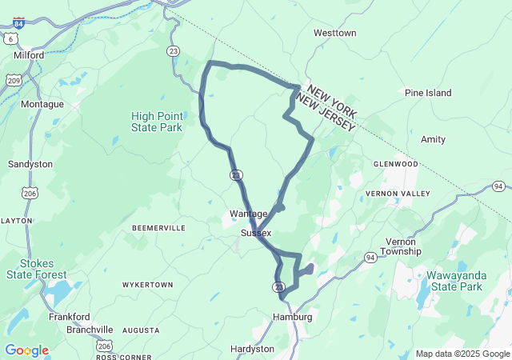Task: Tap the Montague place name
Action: click(x=42, y=104)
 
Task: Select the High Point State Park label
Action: click(x=156, y=122)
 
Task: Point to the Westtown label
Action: click(x=334, y=34)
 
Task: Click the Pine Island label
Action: click(x=428, y=93)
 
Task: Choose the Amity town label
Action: click(x=433, y=139)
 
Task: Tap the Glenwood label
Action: click(x=395, y=164)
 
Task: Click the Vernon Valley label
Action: click(x=397, y=194)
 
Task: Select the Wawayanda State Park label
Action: click(x=454, y=281)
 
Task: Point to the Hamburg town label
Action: click(x=292, y=317)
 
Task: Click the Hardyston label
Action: click(x=252, y=349)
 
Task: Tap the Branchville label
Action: click(x=90, y=330)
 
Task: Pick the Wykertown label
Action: click(x=147, y=285)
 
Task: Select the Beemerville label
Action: click(x=158, y=228)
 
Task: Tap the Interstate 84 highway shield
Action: click(x=18, y=24)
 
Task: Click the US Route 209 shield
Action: click(x=13, y=80)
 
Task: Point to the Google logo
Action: click(x=26, y=350)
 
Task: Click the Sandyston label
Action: click(x=30, y=164)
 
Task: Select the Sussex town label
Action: click(x=256, y=233)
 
